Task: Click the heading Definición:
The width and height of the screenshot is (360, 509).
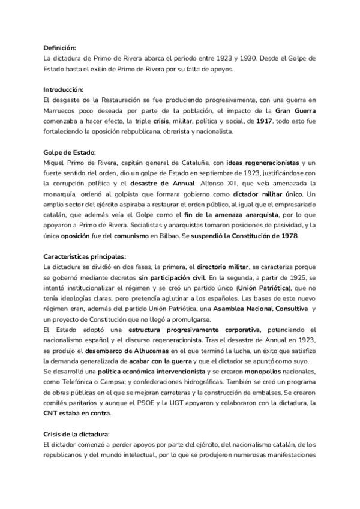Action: [59, 48]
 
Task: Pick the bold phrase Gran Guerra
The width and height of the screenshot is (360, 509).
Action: [296, 111]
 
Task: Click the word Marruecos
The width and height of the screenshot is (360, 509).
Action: [61, 111]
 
